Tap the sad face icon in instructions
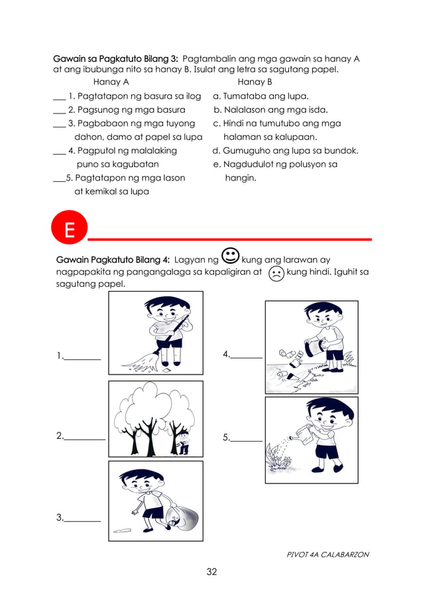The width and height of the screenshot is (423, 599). (x=276, y=273)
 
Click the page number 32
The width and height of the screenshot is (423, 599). (x=211, y=572)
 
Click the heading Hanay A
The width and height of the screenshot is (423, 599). (x=111, y=82)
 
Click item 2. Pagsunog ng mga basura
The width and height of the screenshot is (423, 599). (x=126, y=110)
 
